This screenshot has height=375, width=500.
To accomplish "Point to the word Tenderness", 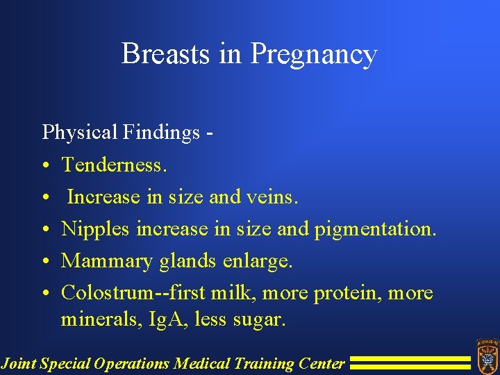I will point(115,165).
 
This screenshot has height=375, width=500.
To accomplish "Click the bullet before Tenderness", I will point(44,165).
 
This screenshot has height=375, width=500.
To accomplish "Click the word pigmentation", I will point(376,229).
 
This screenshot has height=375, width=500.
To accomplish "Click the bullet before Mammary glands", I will point(44,262).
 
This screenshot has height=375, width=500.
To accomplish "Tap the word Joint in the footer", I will point(19,362).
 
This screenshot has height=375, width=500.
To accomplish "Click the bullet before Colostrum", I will point(44,294).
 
